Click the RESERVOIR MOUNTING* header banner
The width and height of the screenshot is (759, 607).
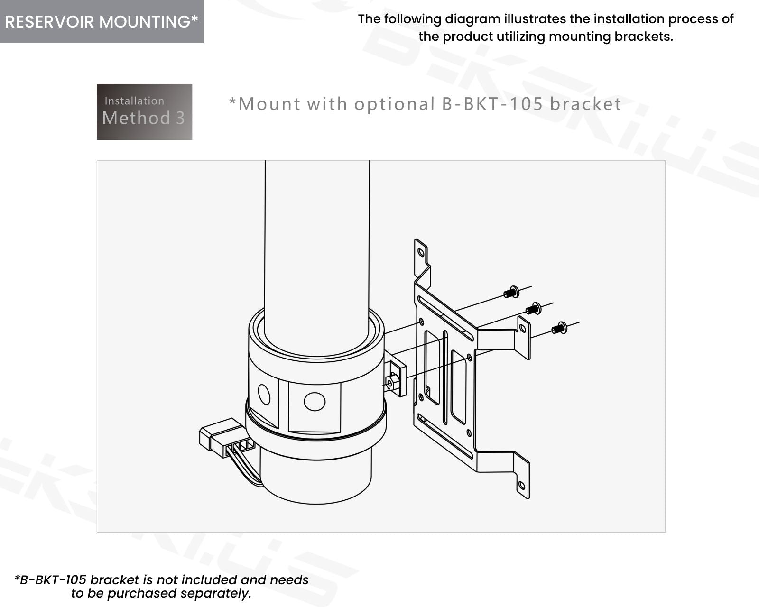click(102, 22)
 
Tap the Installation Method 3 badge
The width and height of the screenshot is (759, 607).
click(144, 112)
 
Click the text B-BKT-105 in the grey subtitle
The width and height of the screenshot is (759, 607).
click(492, 104)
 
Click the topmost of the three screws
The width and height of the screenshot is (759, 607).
click(511, 292)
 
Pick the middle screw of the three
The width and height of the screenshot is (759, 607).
click(534, 309)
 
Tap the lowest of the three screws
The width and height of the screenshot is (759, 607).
click(559, 328)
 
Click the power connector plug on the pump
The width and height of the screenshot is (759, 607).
click(221, 435)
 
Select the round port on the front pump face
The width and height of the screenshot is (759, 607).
click(315, 401)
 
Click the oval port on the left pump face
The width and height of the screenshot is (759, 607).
click(264, 394)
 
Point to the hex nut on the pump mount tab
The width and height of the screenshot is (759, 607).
click(392, 382)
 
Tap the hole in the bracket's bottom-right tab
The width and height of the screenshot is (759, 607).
click(522, 485)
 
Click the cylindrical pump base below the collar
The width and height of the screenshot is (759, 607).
click(315, 479)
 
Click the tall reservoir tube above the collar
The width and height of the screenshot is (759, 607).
click(317, 247)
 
